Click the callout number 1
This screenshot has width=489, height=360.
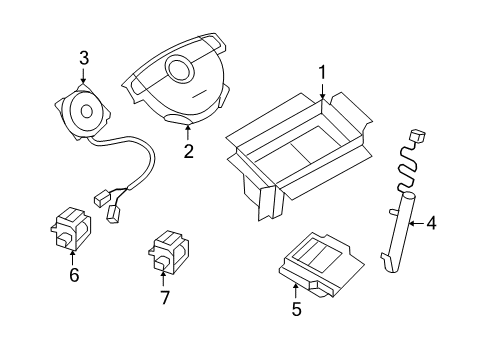coord(322,72)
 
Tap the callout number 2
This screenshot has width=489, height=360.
coord(187,152)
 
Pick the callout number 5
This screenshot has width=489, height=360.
coord(296,309)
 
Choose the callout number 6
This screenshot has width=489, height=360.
coord(73,275)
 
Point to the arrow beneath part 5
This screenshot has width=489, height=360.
coord(296,289)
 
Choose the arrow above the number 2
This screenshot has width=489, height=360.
coord(187,132)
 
